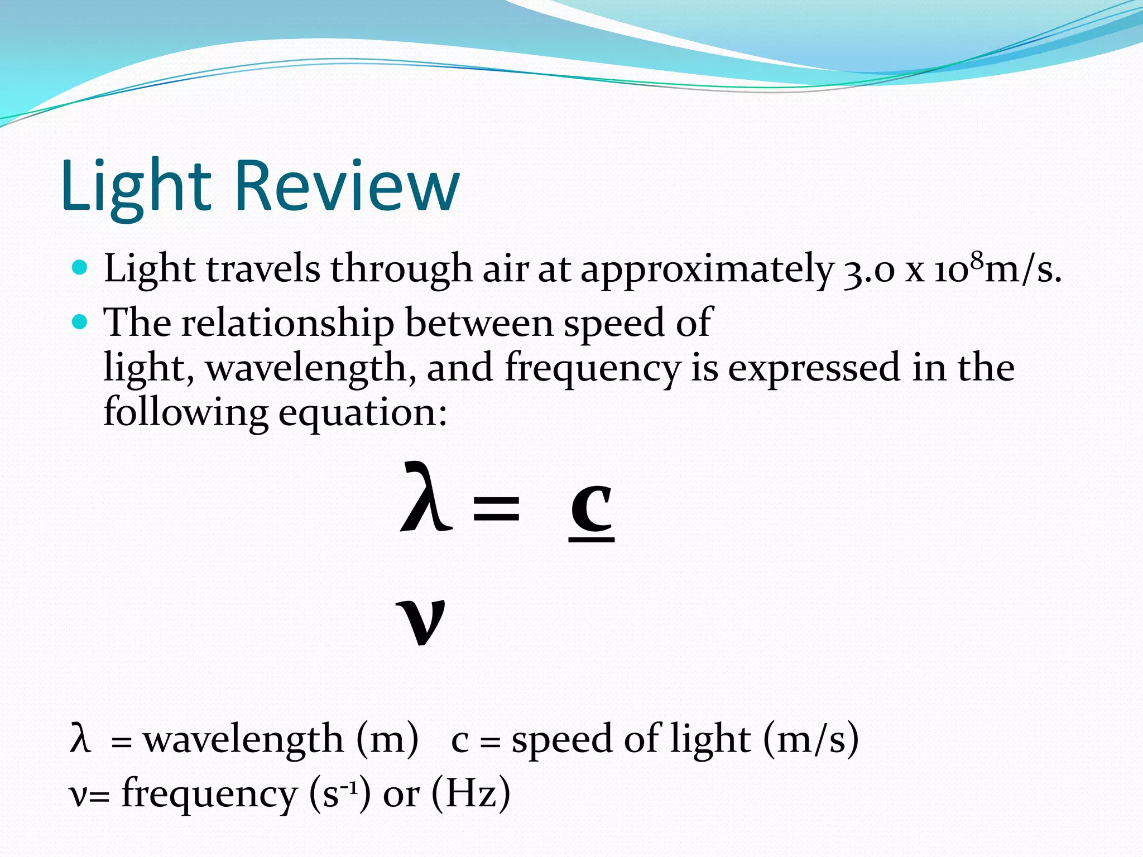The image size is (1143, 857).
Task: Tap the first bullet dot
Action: [x=80, y=268]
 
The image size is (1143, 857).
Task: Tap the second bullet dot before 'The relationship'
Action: [x=80, y=322]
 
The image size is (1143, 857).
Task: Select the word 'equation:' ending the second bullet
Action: [x=363, y=413]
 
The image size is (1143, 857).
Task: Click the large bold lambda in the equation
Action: [x=425, y=497]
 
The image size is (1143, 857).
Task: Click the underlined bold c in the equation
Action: [x=592, y=508]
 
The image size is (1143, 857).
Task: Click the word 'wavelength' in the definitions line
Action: [x=243, y=740]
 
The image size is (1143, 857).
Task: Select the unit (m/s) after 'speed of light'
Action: [x=810, y=740]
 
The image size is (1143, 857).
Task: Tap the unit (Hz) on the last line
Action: [x=470, y=793]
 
